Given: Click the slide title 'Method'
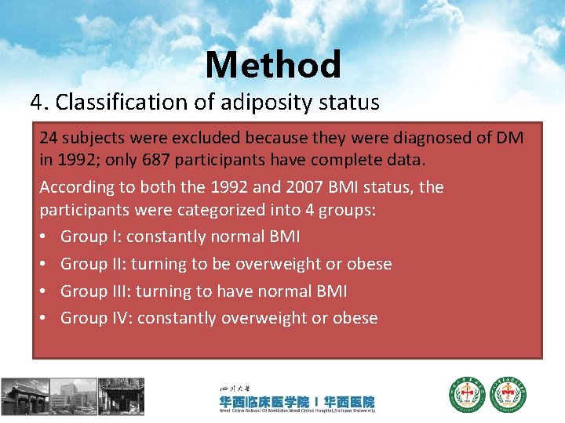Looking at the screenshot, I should click(x=273, y=64).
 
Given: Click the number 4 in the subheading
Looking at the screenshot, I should click(x=36, y=103).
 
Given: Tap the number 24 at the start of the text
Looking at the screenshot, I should click(x=49, y=137).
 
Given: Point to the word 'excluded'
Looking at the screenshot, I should click(x=212, y=137).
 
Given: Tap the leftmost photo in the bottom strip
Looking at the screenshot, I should click(x=25, y=396).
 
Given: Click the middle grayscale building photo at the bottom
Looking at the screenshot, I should click(x=74, y=396).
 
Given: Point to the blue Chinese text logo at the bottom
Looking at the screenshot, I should click(x=297, y=402).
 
